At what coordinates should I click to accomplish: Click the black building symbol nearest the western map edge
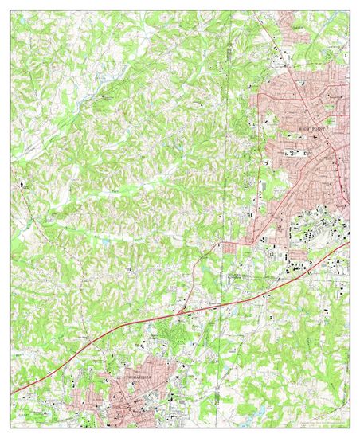pos(22,187)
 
